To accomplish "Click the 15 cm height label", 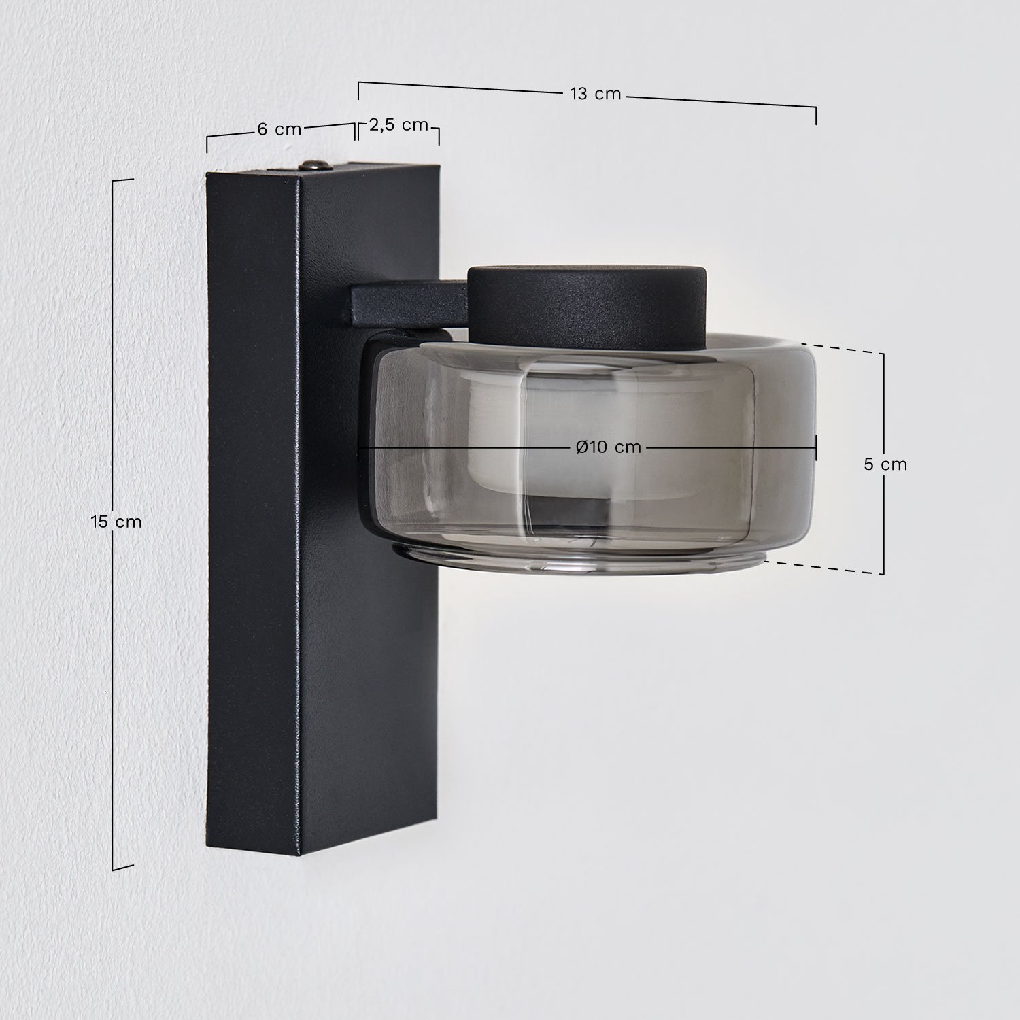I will (116, 522).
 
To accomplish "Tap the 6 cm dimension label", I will (279, 129).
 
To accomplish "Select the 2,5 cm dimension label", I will (398, 124).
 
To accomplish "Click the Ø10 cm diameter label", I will (608, 447).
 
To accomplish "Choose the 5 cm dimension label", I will (885, 464).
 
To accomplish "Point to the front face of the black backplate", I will (367, 646).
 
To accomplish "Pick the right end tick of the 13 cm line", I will (816, 116).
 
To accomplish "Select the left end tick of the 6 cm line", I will (207, 144).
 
